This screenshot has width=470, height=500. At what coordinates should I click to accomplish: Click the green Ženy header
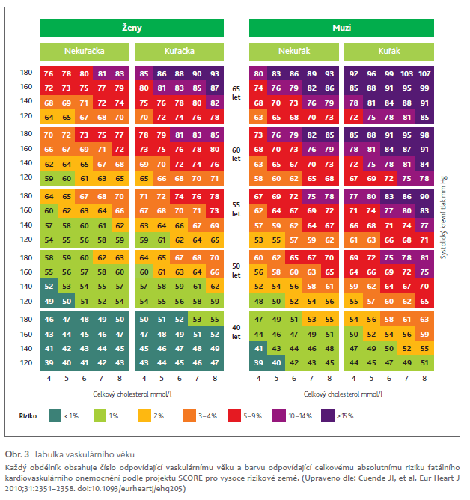pos(132,28)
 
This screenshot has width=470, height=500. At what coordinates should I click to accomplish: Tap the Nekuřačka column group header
pos(84,52)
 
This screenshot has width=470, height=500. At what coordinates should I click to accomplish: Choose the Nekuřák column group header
pos(294,52)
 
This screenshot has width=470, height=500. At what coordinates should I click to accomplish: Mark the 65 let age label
pos(236,94)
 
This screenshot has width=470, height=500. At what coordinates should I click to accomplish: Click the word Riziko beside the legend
pos(28,415)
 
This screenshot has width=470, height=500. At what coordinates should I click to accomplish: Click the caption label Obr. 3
pos(16,454)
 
